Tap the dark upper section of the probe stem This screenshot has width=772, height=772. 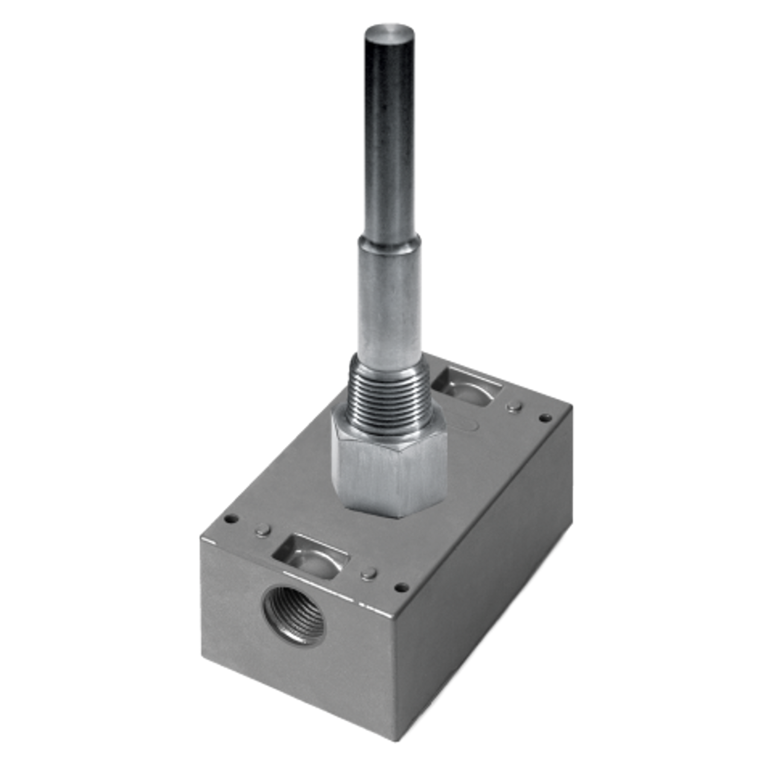387,133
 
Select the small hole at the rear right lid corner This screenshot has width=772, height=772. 545,417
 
